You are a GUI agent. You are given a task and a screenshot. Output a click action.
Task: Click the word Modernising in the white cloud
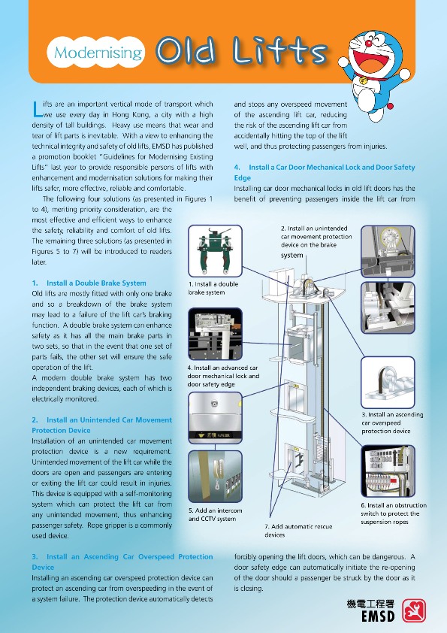point(98,53)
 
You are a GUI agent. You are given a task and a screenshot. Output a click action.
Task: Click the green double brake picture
point(215,250)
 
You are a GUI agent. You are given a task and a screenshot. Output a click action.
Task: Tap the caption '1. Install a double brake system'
point(213,288)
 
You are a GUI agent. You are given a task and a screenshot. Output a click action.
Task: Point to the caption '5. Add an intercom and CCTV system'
point(215,514)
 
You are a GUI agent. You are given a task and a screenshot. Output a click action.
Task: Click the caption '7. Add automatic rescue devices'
point(298,531)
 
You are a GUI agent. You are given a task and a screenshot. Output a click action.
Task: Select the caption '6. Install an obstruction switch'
point(394,513)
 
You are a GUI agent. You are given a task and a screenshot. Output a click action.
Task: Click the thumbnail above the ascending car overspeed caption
point(388,382)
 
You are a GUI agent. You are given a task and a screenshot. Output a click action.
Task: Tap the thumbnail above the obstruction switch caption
point(388,471)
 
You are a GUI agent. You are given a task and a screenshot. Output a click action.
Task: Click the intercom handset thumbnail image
point(215,477)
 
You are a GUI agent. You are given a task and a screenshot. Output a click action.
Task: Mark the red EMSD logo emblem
point(414,610)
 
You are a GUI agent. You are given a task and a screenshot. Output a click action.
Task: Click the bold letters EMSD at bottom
point(378,616)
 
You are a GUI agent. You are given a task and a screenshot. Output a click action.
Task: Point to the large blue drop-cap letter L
point(36,108)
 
